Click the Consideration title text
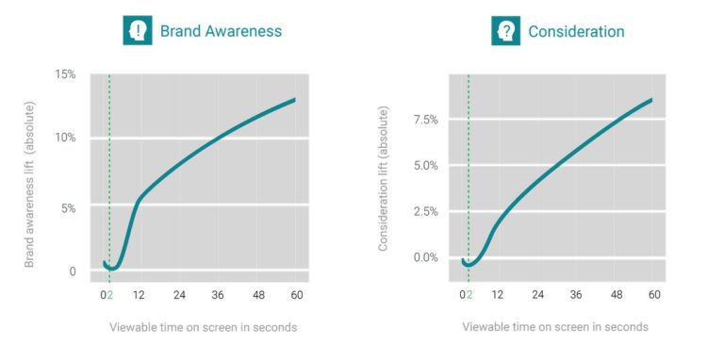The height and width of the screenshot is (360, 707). pos(576,31)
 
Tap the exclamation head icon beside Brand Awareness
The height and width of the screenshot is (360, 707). pos(139,31)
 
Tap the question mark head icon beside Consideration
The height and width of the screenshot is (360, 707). pos(506,31)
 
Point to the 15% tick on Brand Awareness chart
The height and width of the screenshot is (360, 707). pos(65,74)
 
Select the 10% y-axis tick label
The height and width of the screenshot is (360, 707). pos(65,138)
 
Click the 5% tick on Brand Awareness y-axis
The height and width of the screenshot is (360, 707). pos(69,206)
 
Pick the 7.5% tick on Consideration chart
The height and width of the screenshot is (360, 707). pos(425,120)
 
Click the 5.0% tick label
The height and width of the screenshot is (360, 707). pos(425,166)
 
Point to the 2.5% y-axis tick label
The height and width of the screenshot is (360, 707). pos(425,211)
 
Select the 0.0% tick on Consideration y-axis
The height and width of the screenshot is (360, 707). pos(425,257)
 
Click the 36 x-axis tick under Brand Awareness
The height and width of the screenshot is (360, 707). pos(217,295)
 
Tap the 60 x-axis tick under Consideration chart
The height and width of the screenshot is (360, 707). pos(652,295)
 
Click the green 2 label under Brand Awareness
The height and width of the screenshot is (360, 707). pos(110,295)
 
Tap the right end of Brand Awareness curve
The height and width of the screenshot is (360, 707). pos(294,99)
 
